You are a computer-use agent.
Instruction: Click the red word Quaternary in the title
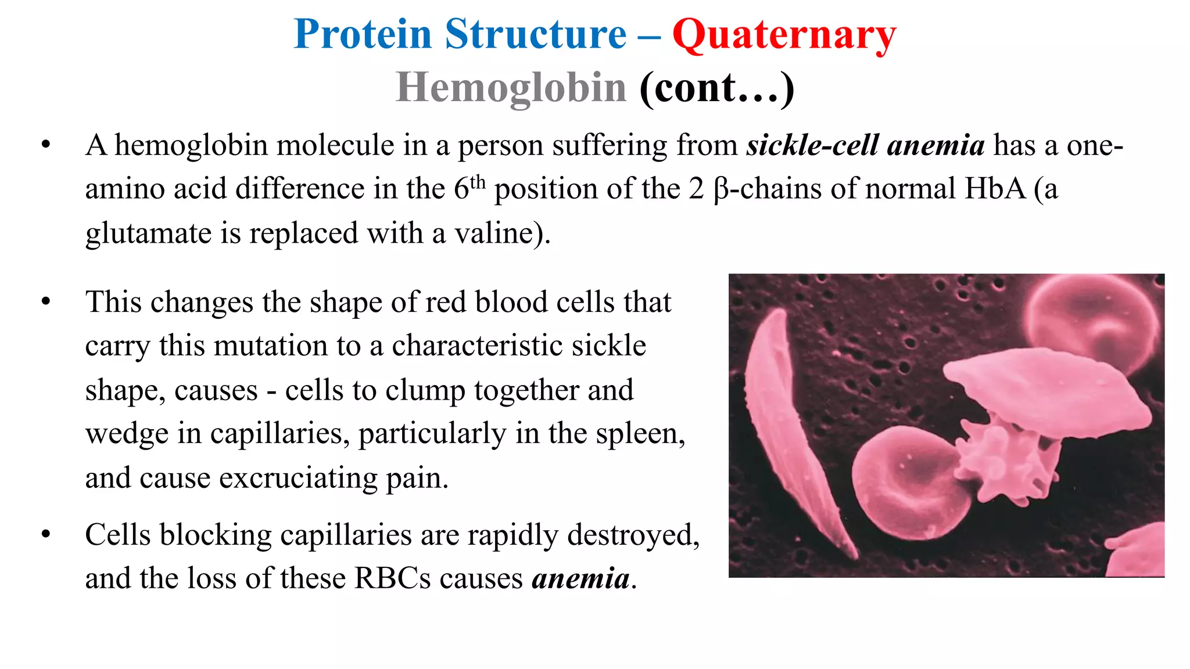(784, 35)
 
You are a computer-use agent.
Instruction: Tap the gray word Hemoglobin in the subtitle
(510, 88)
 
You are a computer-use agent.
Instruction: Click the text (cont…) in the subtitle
(716, 88)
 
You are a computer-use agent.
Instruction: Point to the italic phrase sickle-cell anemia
(865, 145)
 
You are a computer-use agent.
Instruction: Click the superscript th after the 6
(477, 182)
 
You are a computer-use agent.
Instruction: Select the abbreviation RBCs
(393, 578)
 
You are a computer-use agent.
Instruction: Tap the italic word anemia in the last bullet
(580, 578)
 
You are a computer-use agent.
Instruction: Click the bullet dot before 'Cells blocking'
(46, 534)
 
